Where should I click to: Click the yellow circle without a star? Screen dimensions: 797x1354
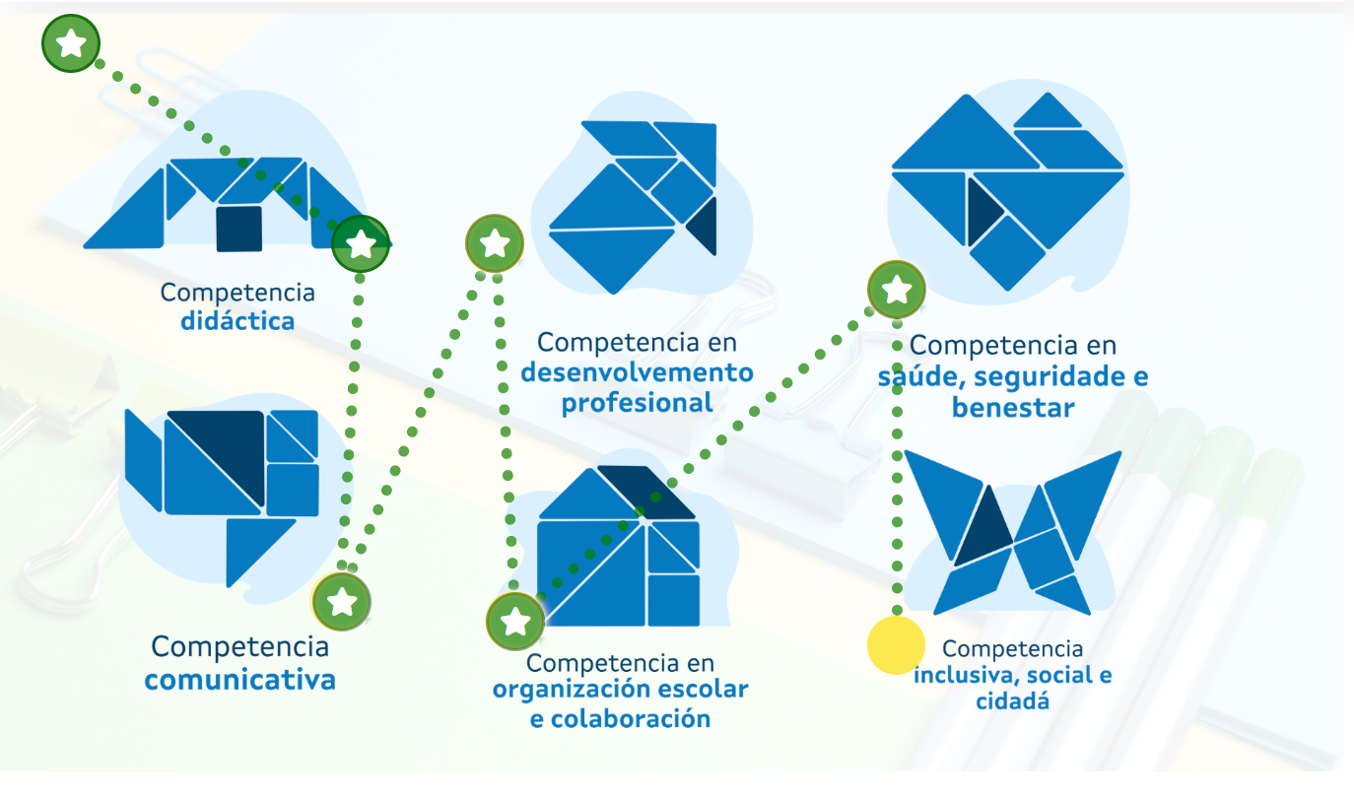click(896, 646)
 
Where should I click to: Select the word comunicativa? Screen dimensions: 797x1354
click(239, 680)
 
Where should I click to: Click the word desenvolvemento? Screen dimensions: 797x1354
click(637, 372)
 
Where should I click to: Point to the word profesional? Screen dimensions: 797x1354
click(637, 403)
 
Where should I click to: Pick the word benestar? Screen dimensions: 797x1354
click(1012, 407)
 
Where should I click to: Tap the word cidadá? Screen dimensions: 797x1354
click(1012, 701)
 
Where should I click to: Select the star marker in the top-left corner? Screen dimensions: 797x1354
click(71, 43)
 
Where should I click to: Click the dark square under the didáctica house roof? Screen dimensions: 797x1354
click(238, 229)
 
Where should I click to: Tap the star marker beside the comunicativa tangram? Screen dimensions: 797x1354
click(341, 600)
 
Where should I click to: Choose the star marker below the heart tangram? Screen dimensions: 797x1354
click(896, 291)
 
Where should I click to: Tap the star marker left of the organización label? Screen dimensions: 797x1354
click(514, 622)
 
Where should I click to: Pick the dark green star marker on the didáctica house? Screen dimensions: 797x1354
click(361, 243)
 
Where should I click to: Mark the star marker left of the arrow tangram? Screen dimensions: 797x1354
click(494, 242)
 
